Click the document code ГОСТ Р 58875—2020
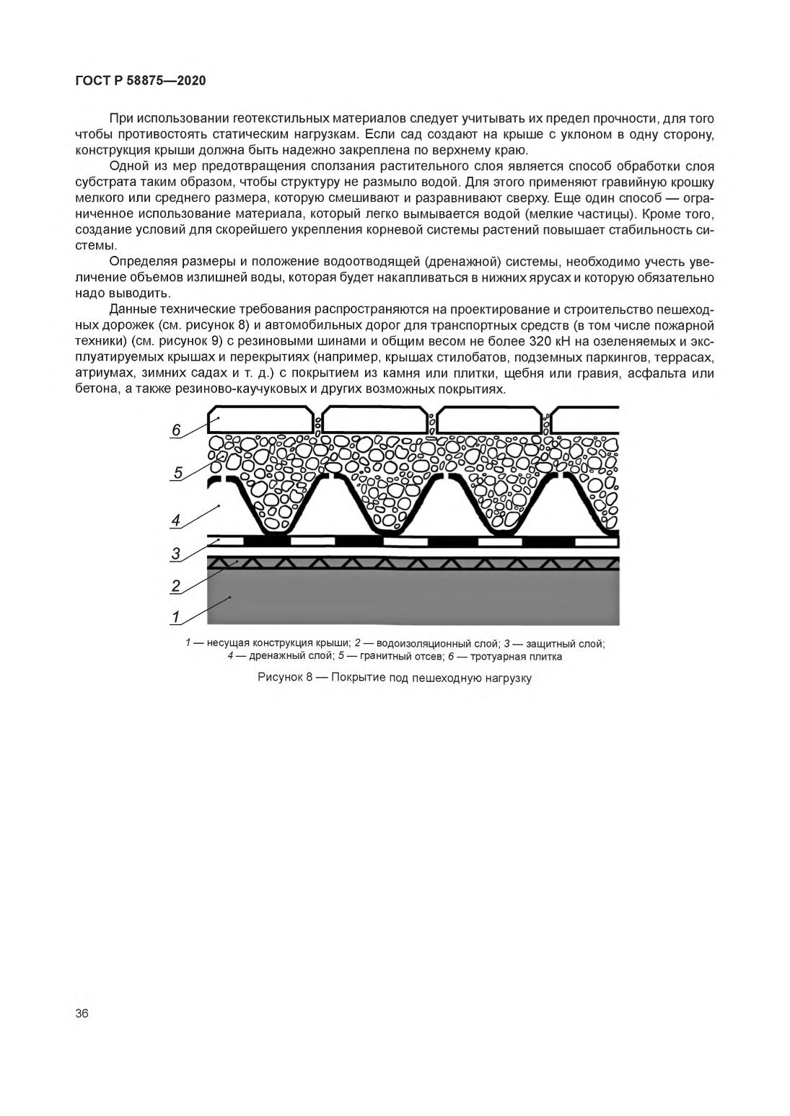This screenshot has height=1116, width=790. [x=141, y=81]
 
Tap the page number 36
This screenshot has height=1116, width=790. [x=82, y=1013]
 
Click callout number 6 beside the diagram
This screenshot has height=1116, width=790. [x=176, y=430]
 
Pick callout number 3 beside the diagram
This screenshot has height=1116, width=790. [x=175, y=554]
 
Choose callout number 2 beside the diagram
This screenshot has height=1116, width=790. [x=175, y=585]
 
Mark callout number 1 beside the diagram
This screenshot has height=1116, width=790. [x=175, y=616]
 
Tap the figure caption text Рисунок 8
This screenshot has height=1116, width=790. [x=285, y=678]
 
